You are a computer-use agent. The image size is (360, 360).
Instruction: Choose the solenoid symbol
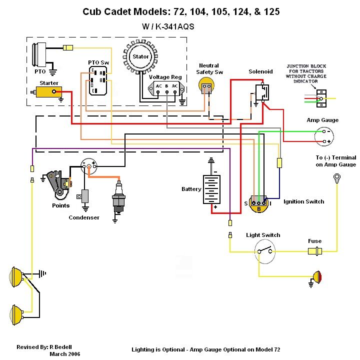260,92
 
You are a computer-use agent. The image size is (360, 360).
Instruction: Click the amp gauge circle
325,135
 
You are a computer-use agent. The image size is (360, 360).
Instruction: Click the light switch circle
265,248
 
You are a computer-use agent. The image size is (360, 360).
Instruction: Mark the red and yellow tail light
316,275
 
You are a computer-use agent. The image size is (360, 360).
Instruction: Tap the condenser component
85,196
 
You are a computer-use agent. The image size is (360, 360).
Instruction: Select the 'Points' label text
60,205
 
